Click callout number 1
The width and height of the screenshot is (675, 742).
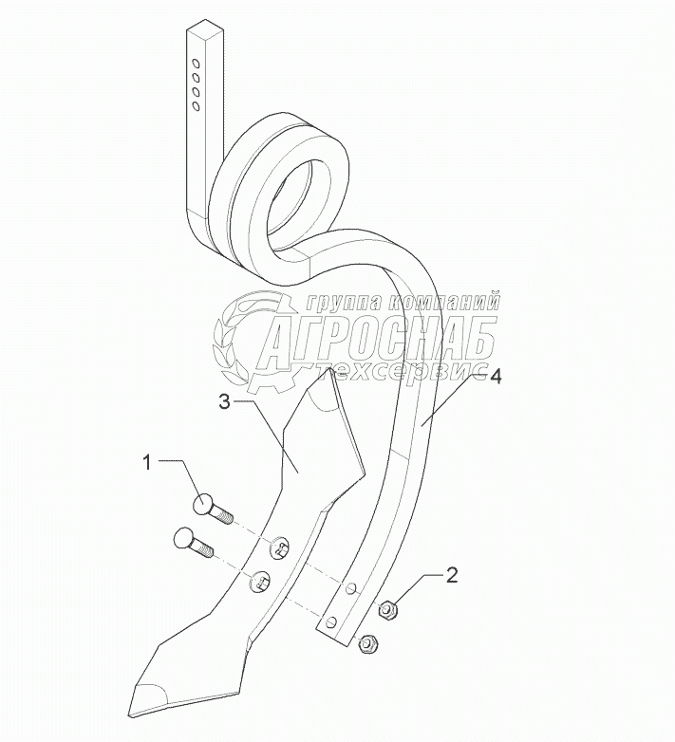[147, 463]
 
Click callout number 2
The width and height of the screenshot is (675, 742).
[452, 574]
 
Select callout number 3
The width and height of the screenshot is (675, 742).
[224, 401]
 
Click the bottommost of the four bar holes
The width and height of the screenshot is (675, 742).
[195, 106]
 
